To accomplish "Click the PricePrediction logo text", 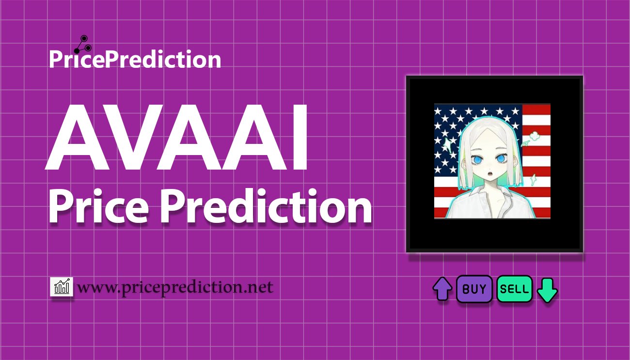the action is (x=135, y=59).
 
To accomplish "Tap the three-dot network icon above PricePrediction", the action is (x=83, y=45).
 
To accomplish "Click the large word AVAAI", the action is (x=176, y=137).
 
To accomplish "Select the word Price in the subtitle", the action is (x=98, y=206).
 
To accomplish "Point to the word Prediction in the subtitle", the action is (x=266, y=206).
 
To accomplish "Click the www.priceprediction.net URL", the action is (x=175, y=287).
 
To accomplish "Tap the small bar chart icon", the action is (x=62, y=286).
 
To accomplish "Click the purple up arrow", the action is (x=442, y=289).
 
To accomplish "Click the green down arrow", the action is (x=547, y=290).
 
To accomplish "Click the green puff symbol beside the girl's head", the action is (x=534, y=137).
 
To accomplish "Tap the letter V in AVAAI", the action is (x=121, y=137).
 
